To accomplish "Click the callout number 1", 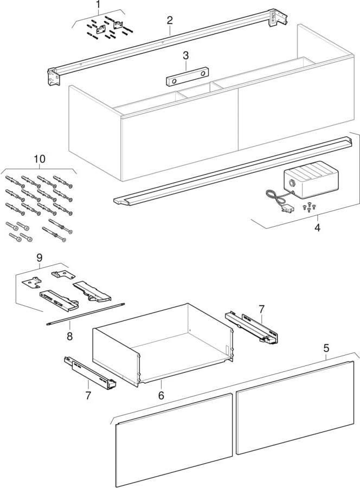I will pos(98,5).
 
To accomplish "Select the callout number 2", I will pos(170,21).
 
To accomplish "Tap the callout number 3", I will pos(185,56).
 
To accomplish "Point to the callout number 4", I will pos(317,228).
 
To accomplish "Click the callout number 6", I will pos(161,396).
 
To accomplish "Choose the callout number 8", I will pos(69,336).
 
